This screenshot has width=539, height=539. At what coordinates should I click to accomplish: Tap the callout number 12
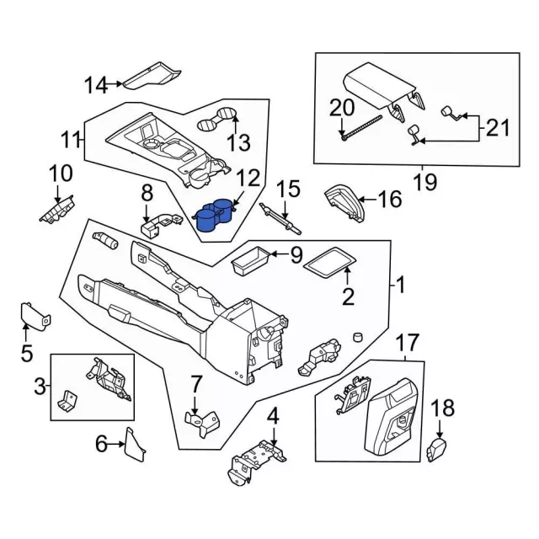(248, 178)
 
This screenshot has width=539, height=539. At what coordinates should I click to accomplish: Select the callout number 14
(96, 84)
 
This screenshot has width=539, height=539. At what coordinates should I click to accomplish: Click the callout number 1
(401, 286)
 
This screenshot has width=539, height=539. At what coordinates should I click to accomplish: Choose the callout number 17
(407, 343)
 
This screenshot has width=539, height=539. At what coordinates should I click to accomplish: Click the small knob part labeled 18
(436, 449)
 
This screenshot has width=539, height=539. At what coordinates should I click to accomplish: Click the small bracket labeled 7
(200, 420)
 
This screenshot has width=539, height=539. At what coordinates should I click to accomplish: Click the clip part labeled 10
(57, 206)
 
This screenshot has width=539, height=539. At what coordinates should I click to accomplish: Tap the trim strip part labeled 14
(152, 76)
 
